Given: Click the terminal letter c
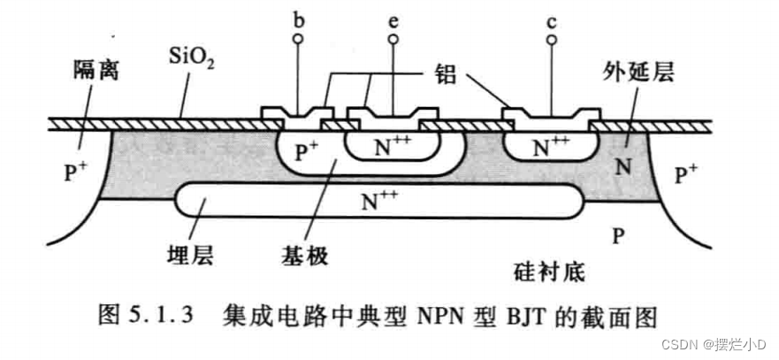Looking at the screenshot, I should pos(551,18).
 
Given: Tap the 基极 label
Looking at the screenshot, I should pos(308,256).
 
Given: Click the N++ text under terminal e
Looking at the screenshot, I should pos(390,145).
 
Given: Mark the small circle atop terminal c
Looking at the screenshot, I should pos(551,40).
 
